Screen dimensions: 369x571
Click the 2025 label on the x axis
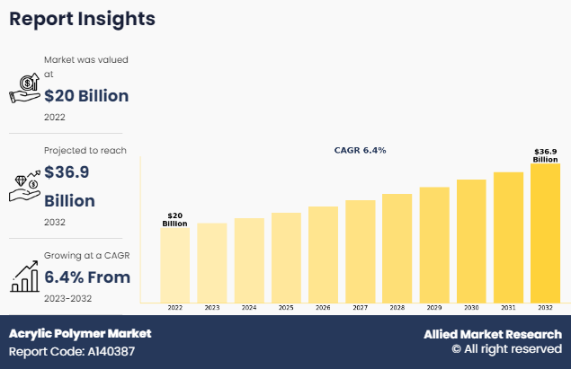pos(286,308)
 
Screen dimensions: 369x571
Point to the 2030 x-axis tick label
pos(471,308)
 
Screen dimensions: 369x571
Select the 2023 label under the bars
pos(211,308)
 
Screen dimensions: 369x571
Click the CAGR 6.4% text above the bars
pos(360,151)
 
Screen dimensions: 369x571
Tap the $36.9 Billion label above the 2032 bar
pos(545,155)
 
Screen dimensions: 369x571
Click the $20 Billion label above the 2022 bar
pos(174,219)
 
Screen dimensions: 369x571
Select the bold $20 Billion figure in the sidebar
pos(86,95)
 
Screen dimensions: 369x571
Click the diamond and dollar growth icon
pos(24,185)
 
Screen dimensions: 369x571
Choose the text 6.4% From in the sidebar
pos(87,277)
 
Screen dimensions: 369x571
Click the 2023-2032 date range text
pos(67,298)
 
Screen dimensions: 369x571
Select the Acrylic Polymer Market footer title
pos(80,333)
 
